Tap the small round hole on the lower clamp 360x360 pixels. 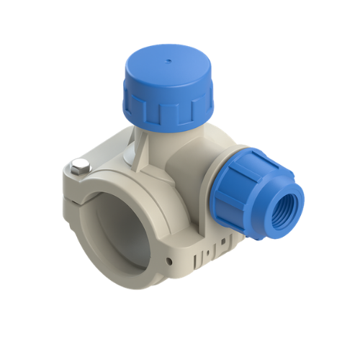pyautogui.click(x=169, y=261)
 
